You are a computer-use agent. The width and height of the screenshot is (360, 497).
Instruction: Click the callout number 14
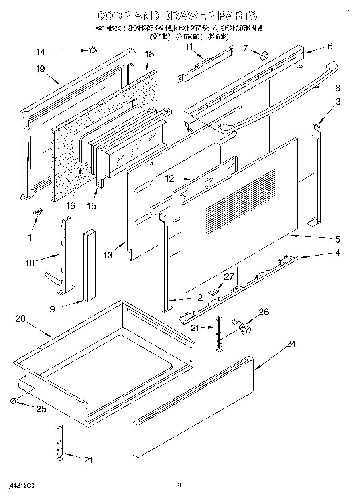(x=41, y=51)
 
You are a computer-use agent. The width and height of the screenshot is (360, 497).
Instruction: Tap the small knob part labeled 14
(x=93, y=50)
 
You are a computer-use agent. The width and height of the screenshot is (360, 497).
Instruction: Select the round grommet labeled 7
(x=264, y=56)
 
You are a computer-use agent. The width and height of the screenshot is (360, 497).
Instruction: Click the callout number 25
(x=41, y=409)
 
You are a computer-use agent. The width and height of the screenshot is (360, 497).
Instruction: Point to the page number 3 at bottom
(x=180, y=485)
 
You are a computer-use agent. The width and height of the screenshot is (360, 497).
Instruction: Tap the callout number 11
(x=189, y=47)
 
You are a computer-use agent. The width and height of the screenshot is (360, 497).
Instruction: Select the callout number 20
(x=20, y=319)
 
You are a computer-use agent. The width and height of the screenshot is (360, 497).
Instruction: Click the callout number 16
(x=71, y=205)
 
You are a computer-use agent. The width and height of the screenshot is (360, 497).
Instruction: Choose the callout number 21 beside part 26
(x=195, y=328)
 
